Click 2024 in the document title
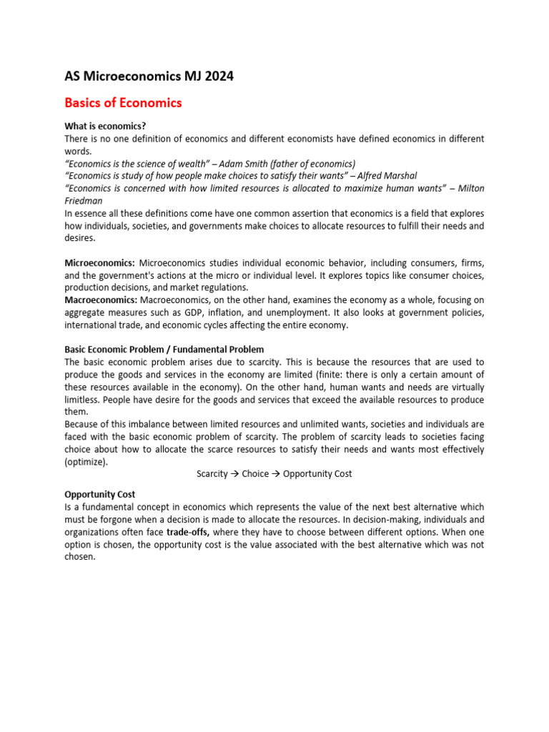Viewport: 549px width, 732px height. click(218, 76)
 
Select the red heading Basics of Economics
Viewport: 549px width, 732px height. click(123, 102)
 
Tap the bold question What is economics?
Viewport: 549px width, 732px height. click(105, 126)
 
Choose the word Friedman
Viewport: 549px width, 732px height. click(84, 201)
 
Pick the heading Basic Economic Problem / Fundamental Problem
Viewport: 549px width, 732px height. click(164, 350)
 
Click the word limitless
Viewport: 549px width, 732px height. click(84, 400)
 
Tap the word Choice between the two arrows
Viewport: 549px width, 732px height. click(255, 474)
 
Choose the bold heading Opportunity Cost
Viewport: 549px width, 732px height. click(100, 494)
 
